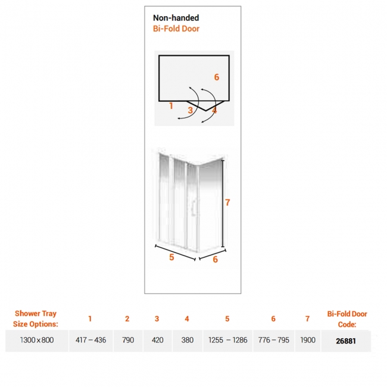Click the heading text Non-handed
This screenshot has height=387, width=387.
[x=176, y=18]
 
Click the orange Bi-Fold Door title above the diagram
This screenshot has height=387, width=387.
[x=176, y=29]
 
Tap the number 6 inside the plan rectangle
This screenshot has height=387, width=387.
[x=217, y=77]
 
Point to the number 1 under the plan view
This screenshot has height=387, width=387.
[x=171, y=106]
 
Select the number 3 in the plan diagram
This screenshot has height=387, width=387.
[x=190, y=110]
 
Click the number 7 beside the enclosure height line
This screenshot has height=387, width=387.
[x=227, y=202]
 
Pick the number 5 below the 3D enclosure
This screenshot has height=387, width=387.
[x=171, y=257]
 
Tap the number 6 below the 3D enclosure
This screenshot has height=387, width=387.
[x=215, y=260]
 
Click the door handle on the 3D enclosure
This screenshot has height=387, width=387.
[x=193, y=208]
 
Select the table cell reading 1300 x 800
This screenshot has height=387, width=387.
[x=37, y=340]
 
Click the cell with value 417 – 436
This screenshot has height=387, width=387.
[x=91, y=340]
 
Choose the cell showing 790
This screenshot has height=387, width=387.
[x=128, y=340]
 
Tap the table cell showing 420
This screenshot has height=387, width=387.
[x=157, y=340]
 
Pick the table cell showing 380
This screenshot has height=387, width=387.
[x=188, y=340]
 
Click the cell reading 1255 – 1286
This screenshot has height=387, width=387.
[x=228, y=340]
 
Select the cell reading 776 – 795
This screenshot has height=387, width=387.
[x=274, y=340]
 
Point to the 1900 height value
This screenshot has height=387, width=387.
[x=308, y=340]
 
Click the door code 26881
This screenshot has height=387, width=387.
[x=346, y=341]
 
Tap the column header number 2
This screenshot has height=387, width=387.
[x=127, y=319]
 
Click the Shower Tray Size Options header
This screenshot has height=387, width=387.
[x=36, y=319]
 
